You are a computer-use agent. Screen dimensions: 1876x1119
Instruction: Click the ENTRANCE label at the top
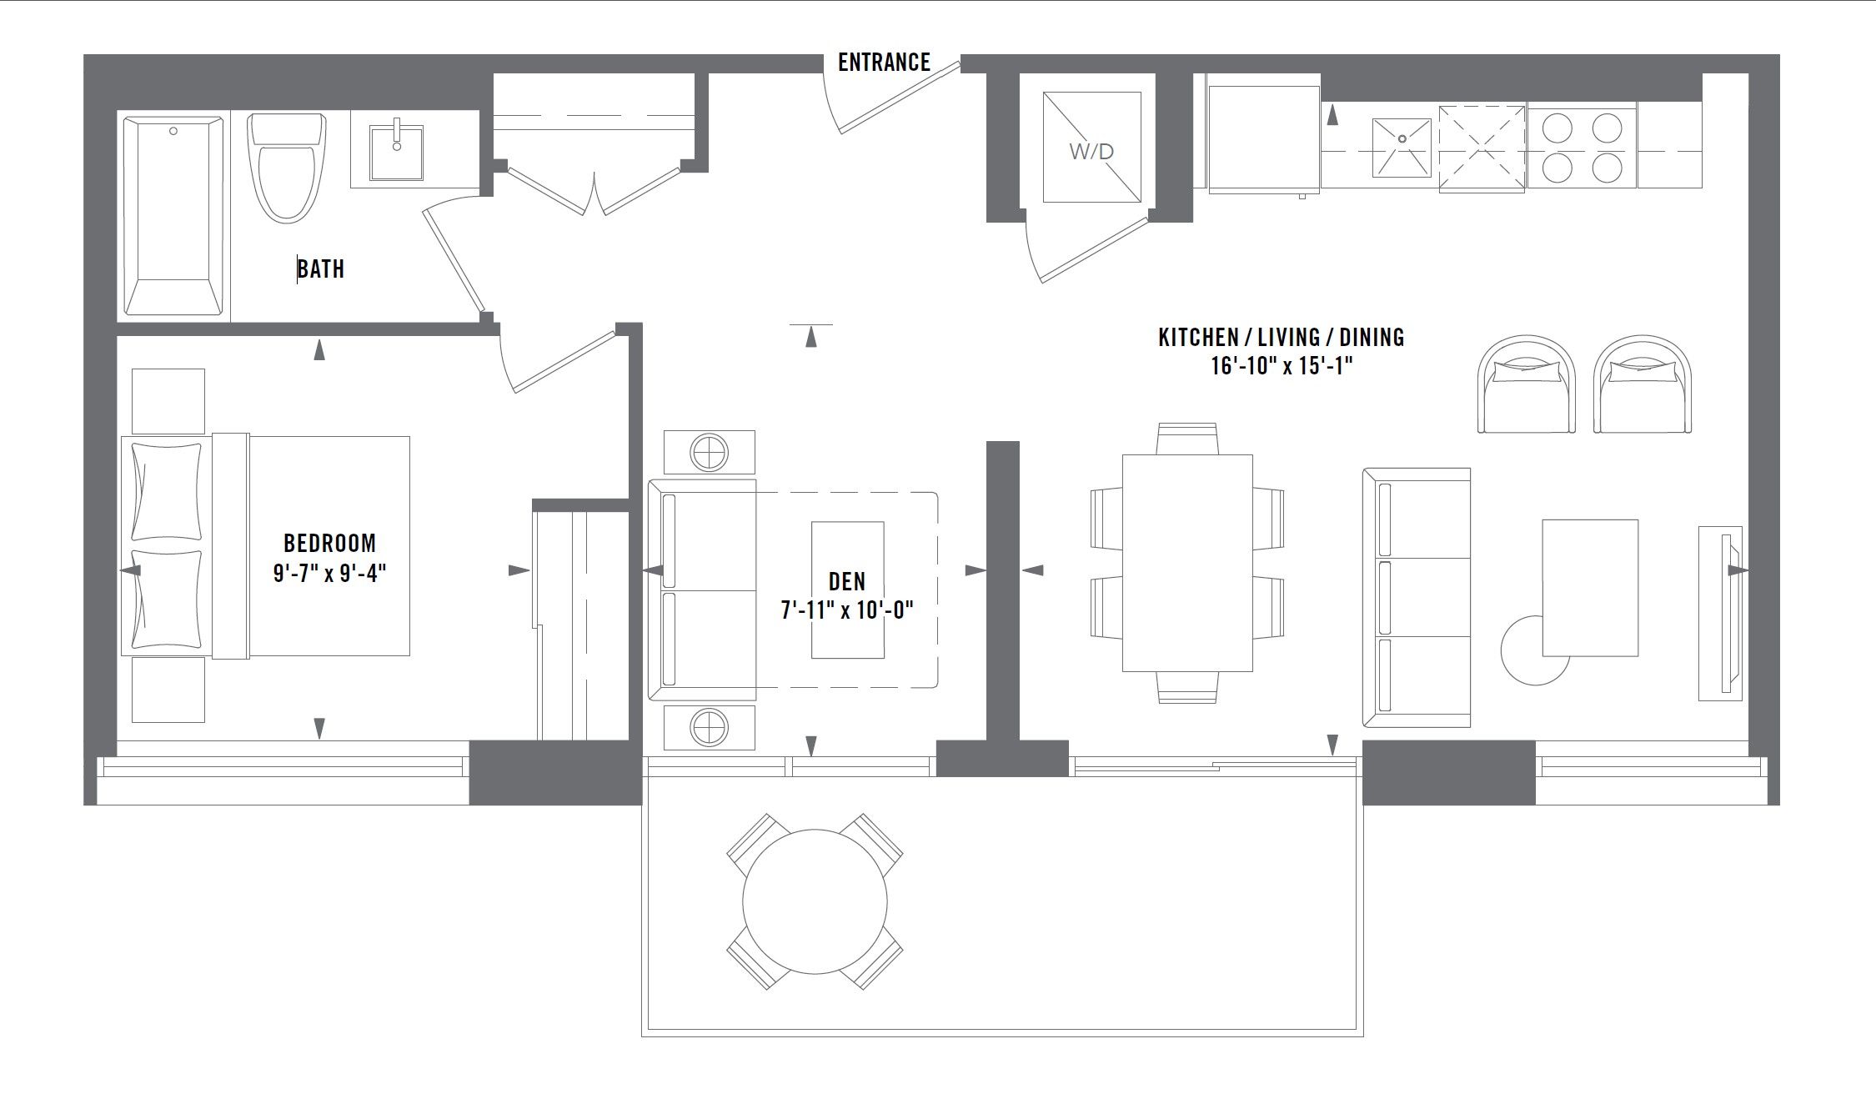tap(884, 63)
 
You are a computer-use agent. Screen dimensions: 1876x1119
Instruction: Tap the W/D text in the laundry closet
tap(1091, 152)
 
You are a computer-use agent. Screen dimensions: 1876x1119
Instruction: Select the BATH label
tap(321, 269)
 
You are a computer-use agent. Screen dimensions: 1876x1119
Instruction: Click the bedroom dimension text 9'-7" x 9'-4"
tap(330, 574)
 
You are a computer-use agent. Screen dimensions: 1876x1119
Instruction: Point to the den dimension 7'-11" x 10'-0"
tap(847, 611)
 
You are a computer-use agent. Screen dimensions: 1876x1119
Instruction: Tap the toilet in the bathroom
tap(286, 168)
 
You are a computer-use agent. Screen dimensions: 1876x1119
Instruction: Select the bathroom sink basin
tap(397, 152)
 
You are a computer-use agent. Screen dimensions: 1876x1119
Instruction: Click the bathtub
tap(173, 216)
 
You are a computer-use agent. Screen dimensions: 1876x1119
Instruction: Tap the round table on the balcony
tap(815, 901)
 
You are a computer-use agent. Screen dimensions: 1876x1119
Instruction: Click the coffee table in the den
tap(848, 590)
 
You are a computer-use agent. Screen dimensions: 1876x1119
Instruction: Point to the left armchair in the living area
tap(1527, 384)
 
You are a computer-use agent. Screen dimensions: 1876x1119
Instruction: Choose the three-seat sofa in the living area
tap(1417, 597)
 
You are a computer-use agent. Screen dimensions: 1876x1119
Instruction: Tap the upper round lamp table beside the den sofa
tap(710, 453)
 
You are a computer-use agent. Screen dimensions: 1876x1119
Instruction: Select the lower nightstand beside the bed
tap(168, 690)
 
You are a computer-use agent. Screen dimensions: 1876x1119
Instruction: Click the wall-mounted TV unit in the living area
tap(1721, 613)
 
